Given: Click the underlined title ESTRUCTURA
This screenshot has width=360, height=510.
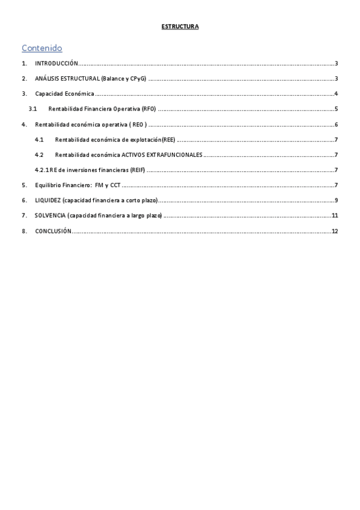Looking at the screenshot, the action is click(180, 26).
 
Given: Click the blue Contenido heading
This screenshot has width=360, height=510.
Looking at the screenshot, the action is click(41, 48).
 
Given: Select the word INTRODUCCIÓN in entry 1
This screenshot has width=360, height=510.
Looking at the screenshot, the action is click(56, 63).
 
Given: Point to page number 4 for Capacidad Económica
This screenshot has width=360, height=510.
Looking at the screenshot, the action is click(337, 94).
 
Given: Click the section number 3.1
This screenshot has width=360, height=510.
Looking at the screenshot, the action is click(34, 109).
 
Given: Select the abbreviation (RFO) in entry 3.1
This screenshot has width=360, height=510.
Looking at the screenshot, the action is click(149, 109).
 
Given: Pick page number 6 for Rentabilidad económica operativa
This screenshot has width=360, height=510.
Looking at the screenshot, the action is click(337, 124).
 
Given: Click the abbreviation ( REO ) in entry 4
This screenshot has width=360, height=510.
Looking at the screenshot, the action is click(137, 124).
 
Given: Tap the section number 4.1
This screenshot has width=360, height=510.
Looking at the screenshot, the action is click(39, 140).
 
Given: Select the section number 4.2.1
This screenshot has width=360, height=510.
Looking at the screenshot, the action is click(41, 170).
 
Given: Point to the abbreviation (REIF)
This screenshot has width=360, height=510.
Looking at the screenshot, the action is click(138, 170).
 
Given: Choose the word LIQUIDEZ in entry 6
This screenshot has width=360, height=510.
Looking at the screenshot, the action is click(48, 200).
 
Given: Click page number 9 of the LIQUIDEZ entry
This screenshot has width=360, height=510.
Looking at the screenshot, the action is click(337, 200).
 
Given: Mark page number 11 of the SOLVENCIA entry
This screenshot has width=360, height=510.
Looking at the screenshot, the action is click(335, 215).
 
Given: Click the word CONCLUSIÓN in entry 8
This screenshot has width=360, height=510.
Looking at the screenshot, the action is click(53, 231).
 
